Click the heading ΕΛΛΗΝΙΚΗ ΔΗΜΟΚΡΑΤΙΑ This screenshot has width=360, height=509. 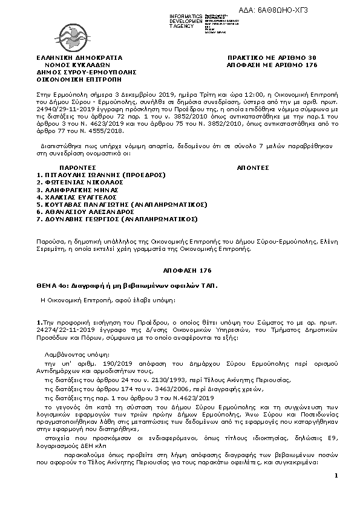[76, 57]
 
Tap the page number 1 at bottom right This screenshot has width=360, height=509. [335, 476]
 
